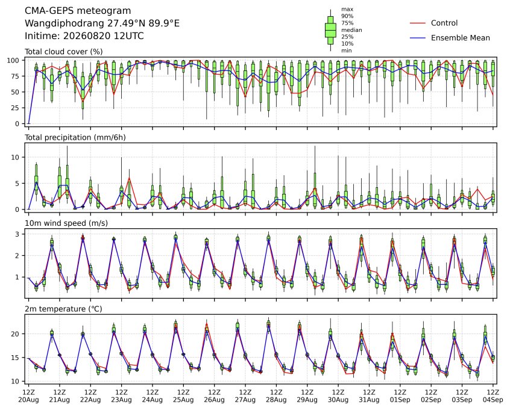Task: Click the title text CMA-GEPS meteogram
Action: click(78, 11)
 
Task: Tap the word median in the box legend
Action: click(351, 30)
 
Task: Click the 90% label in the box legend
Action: click(347, 16)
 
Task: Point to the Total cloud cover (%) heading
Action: click(64, 52)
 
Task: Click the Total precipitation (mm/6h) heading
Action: click(75, 137)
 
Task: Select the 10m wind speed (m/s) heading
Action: click(66, 223)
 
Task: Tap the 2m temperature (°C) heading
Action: click(63, 309)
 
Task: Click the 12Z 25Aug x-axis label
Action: click(183, 396)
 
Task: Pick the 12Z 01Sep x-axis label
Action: click(400, 396)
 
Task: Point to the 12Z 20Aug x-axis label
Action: click(28, 396)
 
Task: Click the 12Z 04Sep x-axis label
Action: click(493, 396)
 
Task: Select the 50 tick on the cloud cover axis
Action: click(15, 92)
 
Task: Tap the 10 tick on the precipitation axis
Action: click(15, 157)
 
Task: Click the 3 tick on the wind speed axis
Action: click(17, 234)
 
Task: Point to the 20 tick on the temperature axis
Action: click(15, 334)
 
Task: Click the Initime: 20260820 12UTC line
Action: click(84, 36)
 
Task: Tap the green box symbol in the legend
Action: click(330, 30)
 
